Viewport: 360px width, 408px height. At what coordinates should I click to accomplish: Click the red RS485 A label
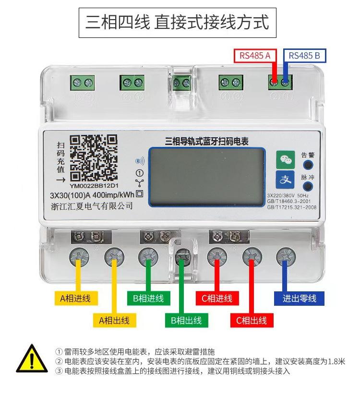255,56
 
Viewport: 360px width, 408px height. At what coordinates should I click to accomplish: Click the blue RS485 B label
305,56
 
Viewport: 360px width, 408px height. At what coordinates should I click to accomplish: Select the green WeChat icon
285,159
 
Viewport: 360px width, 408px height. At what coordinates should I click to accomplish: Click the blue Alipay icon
285,180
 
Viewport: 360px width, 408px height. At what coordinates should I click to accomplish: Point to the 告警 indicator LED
308,166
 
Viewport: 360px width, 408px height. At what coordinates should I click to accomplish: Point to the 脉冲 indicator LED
308,187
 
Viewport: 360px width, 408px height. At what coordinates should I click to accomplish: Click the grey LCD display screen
207,176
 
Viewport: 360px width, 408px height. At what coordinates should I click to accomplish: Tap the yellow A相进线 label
75,298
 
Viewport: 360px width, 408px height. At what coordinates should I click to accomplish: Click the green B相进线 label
148,298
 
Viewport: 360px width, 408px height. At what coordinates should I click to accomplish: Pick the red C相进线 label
216,298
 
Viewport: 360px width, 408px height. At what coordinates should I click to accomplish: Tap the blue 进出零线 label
299,298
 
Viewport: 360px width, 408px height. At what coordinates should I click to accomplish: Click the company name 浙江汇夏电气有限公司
92,206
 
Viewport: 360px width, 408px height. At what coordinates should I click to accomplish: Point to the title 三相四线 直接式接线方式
178,23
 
